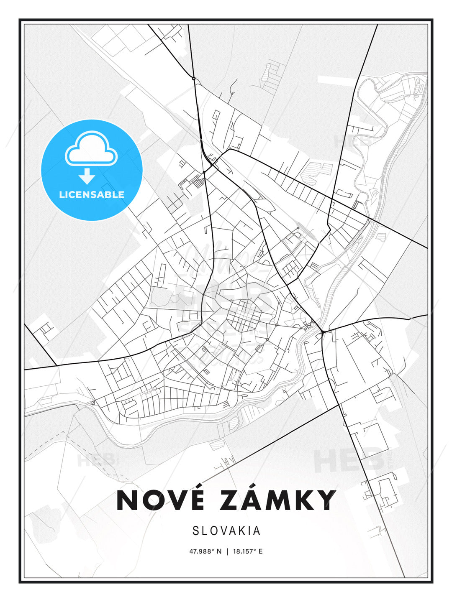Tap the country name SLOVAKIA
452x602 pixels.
point(226,531)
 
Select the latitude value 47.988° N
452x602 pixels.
point(205,551)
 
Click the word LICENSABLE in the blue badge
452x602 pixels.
point(92,194)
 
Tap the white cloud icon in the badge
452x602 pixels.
point(91,149)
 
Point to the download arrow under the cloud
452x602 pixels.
point(87,176)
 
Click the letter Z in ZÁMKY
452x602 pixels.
point(231,500)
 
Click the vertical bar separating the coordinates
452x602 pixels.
point(227,551)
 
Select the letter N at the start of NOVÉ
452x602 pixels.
point(127,500)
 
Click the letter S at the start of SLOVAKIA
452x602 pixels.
point(195,531)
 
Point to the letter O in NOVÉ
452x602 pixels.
point(152,500)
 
